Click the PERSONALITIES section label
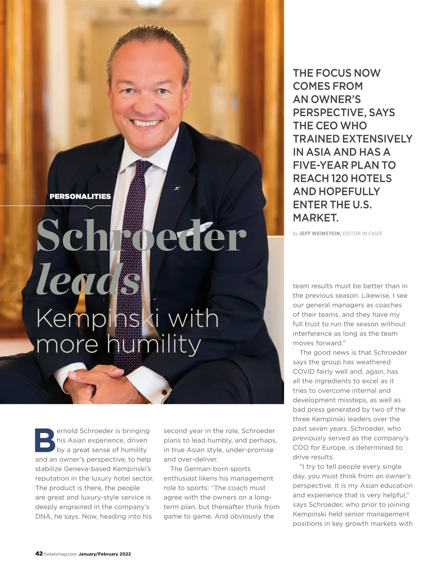tap(80, 196)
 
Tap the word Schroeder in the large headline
tap(141, 236)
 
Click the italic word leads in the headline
tap(88, 279)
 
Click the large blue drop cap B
tap(45, 440)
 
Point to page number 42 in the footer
tap(39, 554)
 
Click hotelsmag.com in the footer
tap(60, 554)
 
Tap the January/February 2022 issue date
tap(105, 554)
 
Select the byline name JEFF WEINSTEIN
tap(320, 234)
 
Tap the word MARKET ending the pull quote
tap(315, 218)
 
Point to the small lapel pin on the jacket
tap(177, 188)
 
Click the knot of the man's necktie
tap(143, 166)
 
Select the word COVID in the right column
tap(304, 372)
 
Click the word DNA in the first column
tap(43, 516)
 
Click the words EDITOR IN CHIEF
tap(363, 234)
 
